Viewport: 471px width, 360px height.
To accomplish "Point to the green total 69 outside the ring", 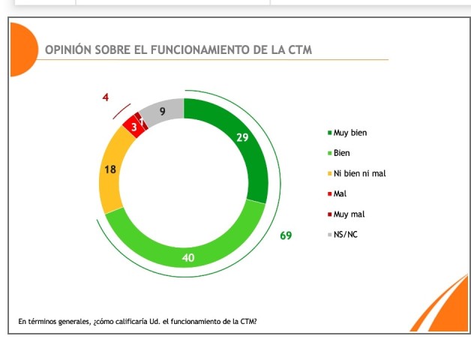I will pyautogui.click(x=286, y=235).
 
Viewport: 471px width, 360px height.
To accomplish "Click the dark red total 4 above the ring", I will pyautogui.click(x=106, y=97).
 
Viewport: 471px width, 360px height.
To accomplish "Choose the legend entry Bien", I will pyautogui.click(x=342, y=153).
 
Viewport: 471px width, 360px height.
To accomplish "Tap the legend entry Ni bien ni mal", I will pyautogui.click(x=359, y=173).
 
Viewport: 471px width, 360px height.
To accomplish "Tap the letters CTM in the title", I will pyautogui.click(x=300, y=49).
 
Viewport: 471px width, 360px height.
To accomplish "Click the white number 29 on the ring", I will pyautogui.click(x=241, y=137).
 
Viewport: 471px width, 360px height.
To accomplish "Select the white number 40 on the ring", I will pyautogui.click(x=188, y=259).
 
